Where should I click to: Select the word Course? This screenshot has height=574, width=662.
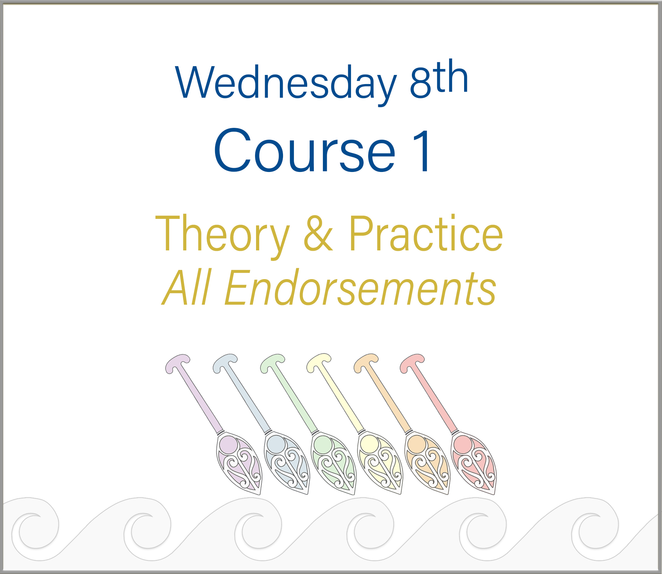click(x=304, y=151)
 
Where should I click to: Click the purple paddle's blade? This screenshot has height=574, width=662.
click(x=239, y=463)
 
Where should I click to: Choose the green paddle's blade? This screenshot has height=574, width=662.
click(x=334, y=463)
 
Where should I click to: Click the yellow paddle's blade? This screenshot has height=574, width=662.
click(x=381, y=463)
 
